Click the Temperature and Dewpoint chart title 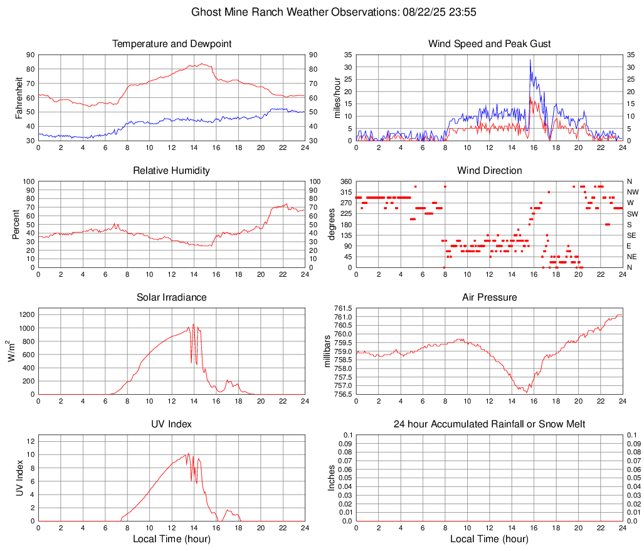pos(171,44)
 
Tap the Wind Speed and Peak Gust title pos(489,44)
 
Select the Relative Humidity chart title pos(171,171)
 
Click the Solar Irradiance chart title pos(171,297)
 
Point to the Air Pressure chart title pos(489,297)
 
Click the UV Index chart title pos(171,424)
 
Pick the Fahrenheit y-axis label pos(19,97)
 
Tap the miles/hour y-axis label pos(337,97)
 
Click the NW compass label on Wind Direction pos(632,192)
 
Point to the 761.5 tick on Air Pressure pos(342,309)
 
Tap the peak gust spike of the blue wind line pos(530,60)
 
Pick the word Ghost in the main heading pos(206,12)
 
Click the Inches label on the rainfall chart pos(332,478)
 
